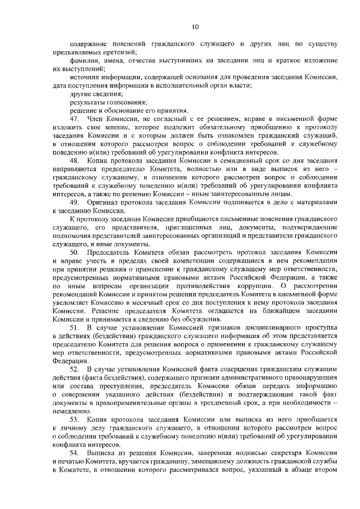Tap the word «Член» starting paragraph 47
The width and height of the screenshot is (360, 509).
[97, 120]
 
